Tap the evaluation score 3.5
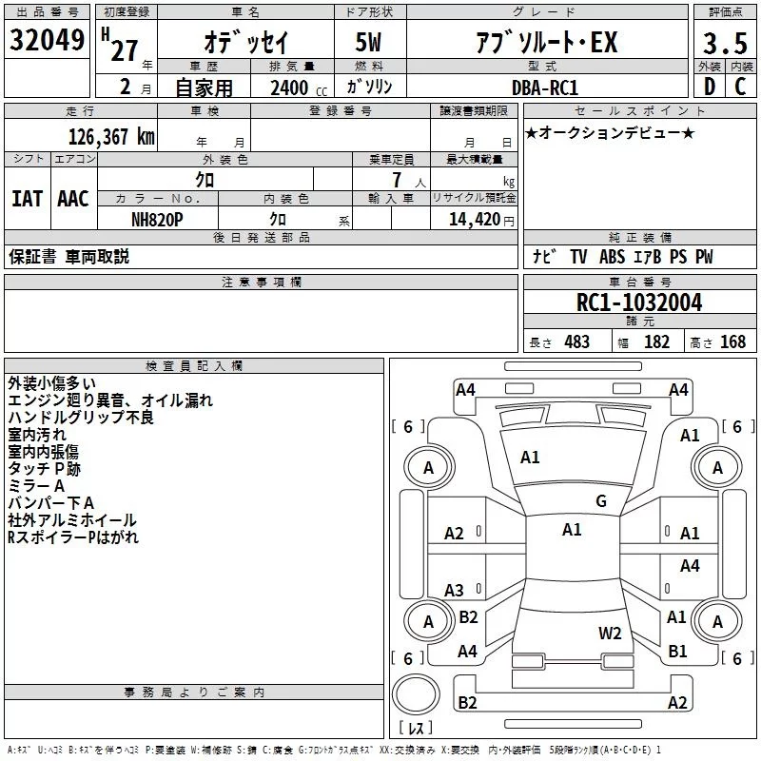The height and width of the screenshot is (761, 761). coord(724,43)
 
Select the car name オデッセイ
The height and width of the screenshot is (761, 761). coord(245,42)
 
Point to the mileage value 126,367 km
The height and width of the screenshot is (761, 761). coord(111,136)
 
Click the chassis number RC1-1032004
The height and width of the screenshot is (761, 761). coord(639,302)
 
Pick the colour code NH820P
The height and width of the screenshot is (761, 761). coord(158,218)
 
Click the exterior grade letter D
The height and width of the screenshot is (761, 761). coord(709,87)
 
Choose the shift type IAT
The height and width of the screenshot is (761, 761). coord(27,199)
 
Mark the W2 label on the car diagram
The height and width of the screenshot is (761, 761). coord(610,633)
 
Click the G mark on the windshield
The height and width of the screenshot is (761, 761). coord(600,501)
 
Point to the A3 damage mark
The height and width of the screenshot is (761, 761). coord(455,590)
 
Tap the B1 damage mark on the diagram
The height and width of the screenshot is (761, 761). coord(677,652)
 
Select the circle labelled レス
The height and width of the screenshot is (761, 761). coord(415,701)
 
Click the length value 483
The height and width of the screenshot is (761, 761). coord(576,341)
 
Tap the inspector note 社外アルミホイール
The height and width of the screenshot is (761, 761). coord(72,520)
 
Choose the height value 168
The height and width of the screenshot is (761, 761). coord(732,341)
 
